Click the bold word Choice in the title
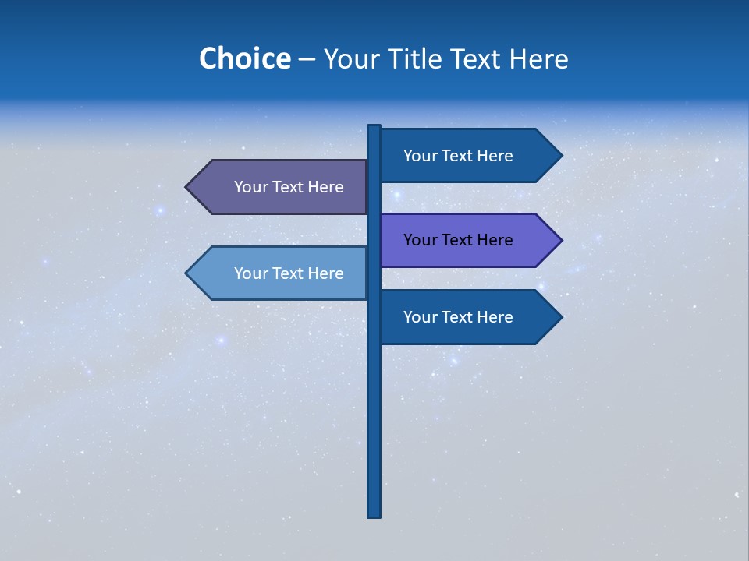tap(244, 59)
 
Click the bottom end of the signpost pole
tap(374, 513)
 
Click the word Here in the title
tap(538, 59)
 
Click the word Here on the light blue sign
tap(325, 273)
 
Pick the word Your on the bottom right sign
tap(420, 317)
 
